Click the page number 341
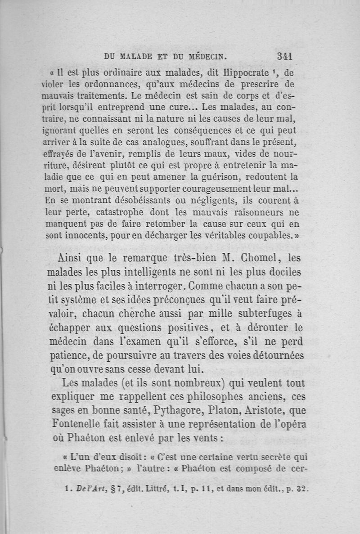pyautogui.click(x=286, y=56)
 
